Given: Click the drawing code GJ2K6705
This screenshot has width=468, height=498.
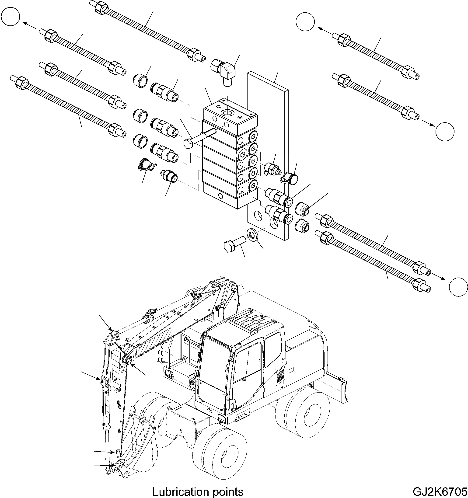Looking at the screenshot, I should point(440,492).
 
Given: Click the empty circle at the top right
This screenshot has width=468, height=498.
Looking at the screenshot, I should point(305,22).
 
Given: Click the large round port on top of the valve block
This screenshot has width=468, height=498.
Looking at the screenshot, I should point(227,113).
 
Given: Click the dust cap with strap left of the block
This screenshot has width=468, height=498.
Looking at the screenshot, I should point(145,165).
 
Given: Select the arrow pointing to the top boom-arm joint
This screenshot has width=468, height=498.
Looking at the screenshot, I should point(105,323).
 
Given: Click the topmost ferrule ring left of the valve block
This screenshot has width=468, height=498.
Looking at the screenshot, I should point(140,81).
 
